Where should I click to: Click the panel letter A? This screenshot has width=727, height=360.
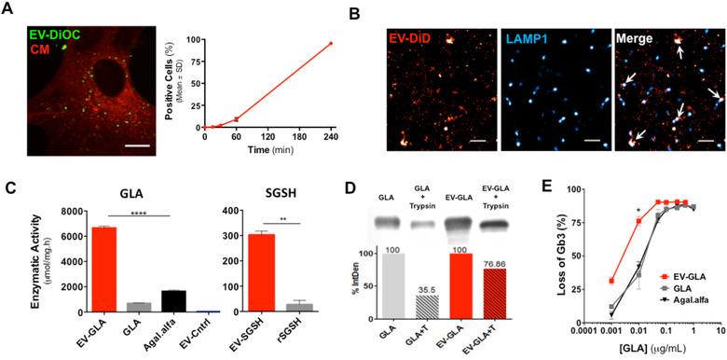tap(8, 8)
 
